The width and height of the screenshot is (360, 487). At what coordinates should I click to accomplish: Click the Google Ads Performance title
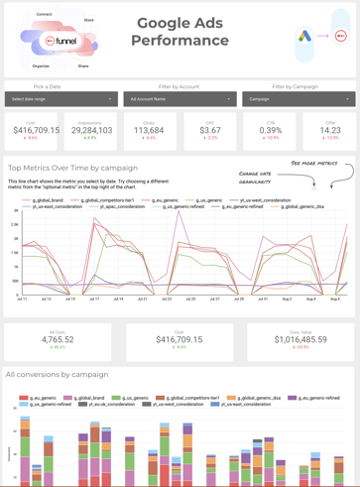tap(180, 32)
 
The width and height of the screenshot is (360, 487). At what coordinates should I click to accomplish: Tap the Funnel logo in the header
tap(60, 43)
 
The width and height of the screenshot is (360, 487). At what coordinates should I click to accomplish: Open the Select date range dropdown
tap(60, 99)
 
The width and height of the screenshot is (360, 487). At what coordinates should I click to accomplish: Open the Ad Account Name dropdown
tap(180, 99)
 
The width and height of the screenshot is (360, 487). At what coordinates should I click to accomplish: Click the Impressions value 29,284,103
tap(90, 130)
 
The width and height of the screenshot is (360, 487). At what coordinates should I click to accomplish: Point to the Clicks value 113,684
tap(149, 130)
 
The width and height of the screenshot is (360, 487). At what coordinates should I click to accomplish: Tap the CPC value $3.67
tap(209, 130)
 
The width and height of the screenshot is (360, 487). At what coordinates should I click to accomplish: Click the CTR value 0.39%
tap(270, 130)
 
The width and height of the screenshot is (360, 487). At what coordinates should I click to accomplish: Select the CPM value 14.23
tap(329, 130)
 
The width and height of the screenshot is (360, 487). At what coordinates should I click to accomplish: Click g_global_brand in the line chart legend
tap(48, 200)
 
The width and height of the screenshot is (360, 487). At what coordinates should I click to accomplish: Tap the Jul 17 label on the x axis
tap(94, 299)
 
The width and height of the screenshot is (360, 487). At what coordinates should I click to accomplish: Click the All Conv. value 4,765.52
tap(58, 339)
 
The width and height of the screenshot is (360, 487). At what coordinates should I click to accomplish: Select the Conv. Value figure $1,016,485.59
tap(300, 339)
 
